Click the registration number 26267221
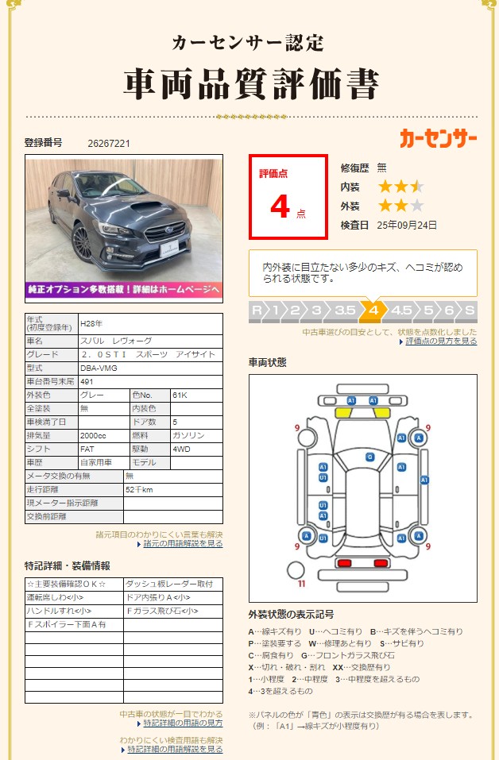pyautogui.click(x=109, y=144)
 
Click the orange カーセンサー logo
pyautogui.click(x=438, y=138)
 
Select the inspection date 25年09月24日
pyautogui.click(x=407, y=226)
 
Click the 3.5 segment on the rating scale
pyautogui.click(x=345, y=311)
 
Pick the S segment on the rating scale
pyautogui.click(x=470, y=311)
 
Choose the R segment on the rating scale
pyautogui.click(x=256, y=311)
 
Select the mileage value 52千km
pyautogui.click(x=139, y=490)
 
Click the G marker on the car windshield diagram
pyautogui.click(x=369, y=457)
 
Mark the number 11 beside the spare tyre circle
pyautogui.click(x=301, y=584)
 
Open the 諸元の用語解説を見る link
pyautogui.click(x=183, y=544)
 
